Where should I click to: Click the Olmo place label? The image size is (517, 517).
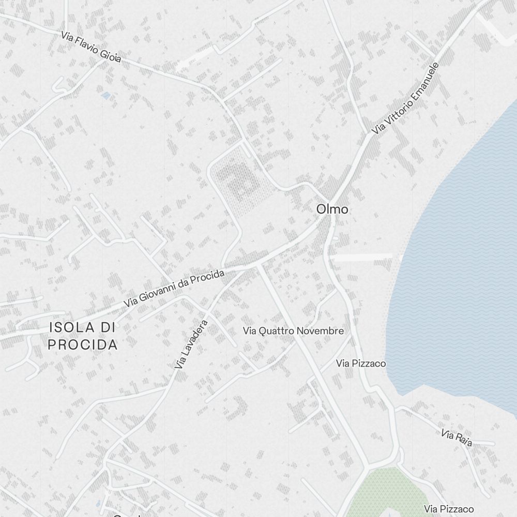coord(332,209)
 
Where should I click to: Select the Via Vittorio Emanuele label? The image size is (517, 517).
coord(405,99)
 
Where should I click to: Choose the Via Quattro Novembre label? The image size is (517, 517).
coord(293,331)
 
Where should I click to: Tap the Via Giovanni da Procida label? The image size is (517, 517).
coord(174,287)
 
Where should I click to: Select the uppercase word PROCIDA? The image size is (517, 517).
coord(83,345)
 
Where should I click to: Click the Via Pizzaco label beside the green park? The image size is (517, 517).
coord(449,509)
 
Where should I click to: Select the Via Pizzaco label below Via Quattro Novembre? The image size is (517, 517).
coord(361,363)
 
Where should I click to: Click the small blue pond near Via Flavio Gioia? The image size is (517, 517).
coord(106,96)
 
